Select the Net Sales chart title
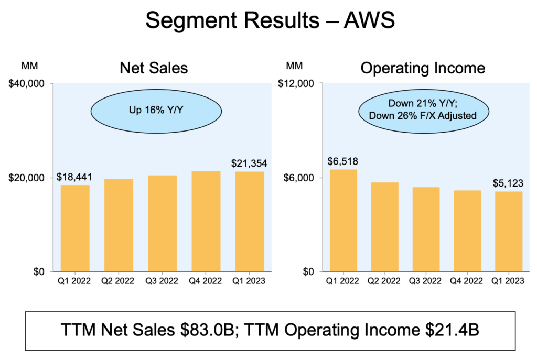click(154, 68)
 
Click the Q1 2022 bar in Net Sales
click(75, 228)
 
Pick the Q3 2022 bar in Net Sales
click(162, 223)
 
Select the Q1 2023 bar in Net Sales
click(250, 221)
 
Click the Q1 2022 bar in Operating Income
click(343, 220)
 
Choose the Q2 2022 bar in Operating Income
click(385, 226)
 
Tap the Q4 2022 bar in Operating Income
click(467, 231)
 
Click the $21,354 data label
click(249, 163)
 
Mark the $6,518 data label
click(343, 161)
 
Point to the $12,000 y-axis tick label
click(298, 84)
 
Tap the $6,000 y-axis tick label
click(300, 178)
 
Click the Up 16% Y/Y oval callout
click(155, 111)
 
